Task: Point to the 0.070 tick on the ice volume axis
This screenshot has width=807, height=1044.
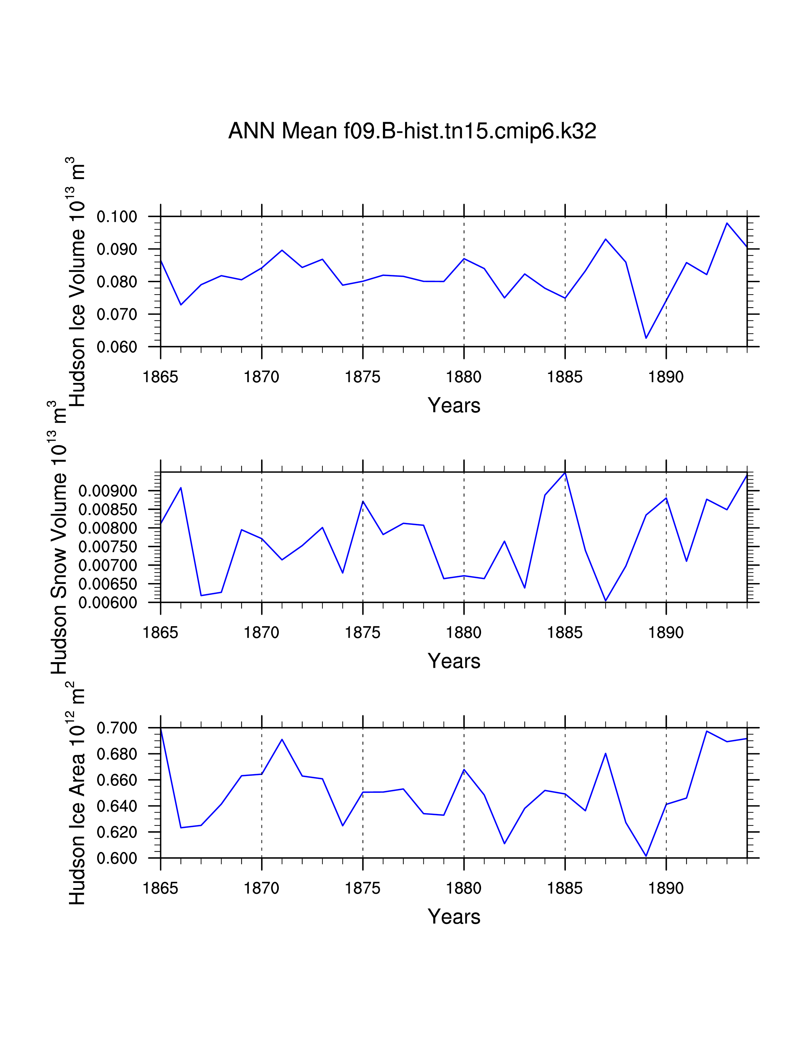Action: click(117, 314)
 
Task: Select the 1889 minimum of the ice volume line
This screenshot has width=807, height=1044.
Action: click(646, 338)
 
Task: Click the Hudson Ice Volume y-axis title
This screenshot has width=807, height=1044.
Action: click(77, 282)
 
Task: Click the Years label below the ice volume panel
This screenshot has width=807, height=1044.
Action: click(454, 405)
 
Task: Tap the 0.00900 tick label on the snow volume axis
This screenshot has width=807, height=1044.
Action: click(108, 491)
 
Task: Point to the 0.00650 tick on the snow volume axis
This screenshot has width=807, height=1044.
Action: click(108, 584)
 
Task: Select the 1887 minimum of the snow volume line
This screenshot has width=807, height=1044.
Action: click(606, 600)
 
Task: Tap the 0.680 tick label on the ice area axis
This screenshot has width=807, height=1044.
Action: click(117, 754)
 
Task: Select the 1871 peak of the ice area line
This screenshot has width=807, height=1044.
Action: click(282, 740)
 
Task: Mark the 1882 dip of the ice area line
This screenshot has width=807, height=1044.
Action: click(504, 843)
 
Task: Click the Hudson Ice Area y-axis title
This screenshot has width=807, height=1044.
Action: click(77, 793)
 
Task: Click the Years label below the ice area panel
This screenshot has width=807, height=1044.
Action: click(454, 917)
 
